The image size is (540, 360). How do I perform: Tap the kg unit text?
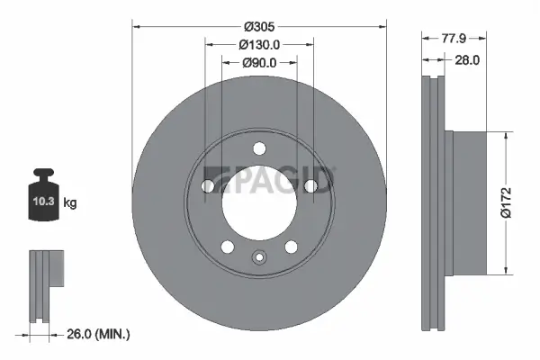[x=71, y=203]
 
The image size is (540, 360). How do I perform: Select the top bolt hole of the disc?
[x=259, y=148]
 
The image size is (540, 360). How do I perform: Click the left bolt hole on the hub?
[x=207, y=186]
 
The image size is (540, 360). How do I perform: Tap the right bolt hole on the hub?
[x=311, y=186]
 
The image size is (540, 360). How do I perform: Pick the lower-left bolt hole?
[x=227, y=247]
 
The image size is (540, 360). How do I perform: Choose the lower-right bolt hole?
[x=292, y=247]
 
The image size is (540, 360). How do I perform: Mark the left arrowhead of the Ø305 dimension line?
[x=138, y=25]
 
